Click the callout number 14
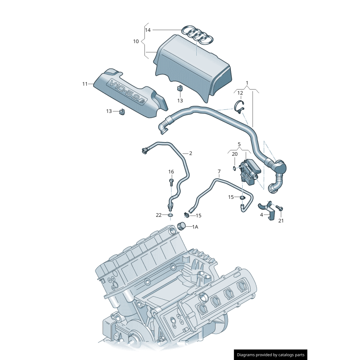coord(148,30)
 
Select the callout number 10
coord(136,41)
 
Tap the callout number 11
coord(85,84)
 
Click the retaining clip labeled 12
coord(240,107)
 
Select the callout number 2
coord(190,153)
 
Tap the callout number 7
coord(219,171)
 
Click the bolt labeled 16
coord(171,182)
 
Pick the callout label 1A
coord(195,227)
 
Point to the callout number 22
coord(158,215)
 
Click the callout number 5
coord(239,145)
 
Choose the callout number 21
coord(281,220)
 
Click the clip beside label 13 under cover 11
coord(121,111)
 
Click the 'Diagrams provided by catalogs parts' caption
coord(271,355)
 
